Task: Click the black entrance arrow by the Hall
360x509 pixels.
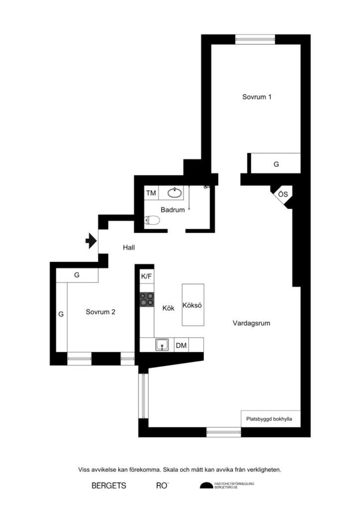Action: (x=90, y=241)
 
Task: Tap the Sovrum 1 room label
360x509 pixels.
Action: (x=257, y=97)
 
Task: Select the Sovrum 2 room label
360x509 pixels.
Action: (x=100, y=312)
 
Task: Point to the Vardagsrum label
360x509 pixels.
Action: (x=251, y=323)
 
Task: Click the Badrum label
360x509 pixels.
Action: (x=172, y=210)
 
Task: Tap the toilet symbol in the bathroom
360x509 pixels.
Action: (x=152, y=220)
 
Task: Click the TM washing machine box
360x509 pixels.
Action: (x=151, y=192)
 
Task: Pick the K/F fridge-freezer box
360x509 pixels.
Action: (x=147, y=276)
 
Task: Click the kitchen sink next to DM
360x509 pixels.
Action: (x=162, y=344)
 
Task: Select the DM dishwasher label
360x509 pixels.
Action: (x=181, y=345)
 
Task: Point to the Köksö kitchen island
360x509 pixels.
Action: (x=193, y=305)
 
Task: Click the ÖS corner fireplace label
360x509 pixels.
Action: (x=282, y=194)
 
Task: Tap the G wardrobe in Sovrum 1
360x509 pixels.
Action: (x=276, y=164)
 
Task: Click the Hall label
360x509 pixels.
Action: (x=129, y=247)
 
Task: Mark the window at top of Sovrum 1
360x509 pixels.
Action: (x=255, y=39)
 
